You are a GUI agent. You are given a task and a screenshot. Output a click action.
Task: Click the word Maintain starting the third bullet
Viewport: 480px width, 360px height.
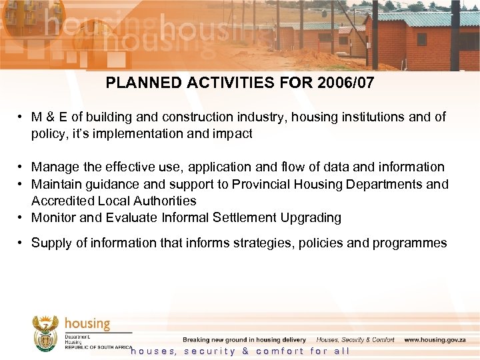pyautogui.click(x=55, y=184)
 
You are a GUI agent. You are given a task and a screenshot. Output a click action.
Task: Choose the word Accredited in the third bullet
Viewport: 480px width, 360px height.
pyautogui.click(x=62, y=201)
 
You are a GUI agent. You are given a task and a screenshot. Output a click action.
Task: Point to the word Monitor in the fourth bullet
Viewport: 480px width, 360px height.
pyautogui.click(x=53, y=217)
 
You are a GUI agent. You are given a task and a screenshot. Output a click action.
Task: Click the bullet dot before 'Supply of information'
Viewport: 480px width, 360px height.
pyautogui.click(x=22, y=243)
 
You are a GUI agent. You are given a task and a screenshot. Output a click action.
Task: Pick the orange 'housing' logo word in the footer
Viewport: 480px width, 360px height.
pyautogui.click(x=87, y=323)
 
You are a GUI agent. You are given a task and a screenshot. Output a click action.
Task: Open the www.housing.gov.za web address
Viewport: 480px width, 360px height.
pyautogui.click(x=434, y=340)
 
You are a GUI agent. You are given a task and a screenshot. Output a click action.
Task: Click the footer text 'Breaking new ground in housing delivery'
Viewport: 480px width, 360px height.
pyautogui.click(x=244, y=340)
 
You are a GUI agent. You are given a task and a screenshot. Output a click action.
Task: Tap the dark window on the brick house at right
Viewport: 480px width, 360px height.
pyautogui.click(x=421, y=39)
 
